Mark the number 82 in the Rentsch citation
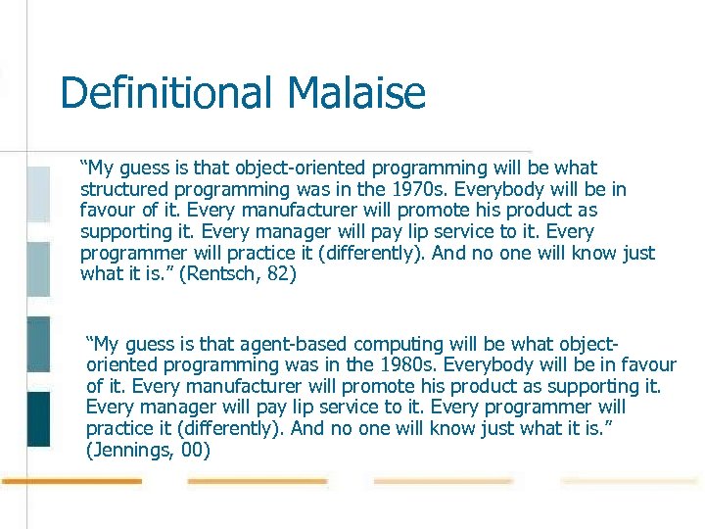click(x=281, y=274)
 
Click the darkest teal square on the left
click(x=38, y=418)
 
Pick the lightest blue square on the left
click(x=38, y=193)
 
